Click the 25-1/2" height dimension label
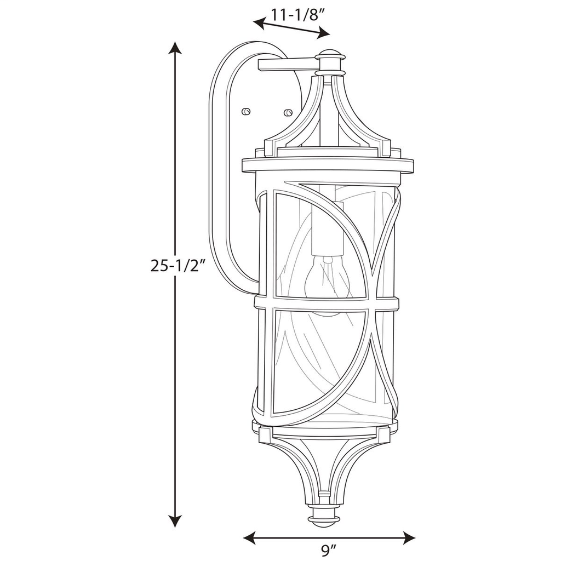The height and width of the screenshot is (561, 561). pos(180,266)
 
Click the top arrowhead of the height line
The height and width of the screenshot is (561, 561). pos(175,47)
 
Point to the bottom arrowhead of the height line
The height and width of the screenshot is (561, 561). pos(175,522)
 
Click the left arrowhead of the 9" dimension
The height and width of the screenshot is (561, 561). pos(249,537)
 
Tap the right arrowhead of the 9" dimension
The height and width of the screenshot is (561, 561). pos(409,537)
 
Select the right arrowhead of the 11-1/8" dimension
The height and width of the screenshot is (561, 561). pos(323,34)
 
